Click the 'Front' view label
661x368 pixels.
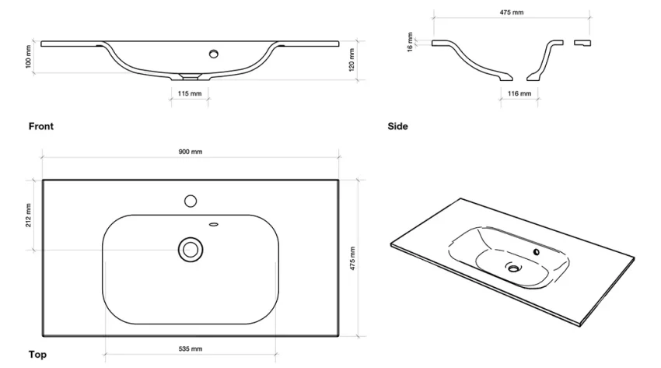41,126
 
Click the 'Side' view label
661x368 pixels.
397,126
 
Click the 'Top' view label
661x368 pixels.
37,355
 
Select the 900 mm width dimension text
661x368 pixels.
191,152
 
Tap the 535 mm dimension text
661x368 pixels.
191,349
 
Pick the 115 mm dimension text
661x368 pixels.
190,93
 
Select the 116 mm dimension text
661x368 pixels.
519,93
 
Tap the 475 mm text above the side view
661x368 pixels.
511,12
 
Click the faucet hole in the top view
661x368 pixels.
191,201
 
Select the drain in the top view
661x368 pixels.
190,250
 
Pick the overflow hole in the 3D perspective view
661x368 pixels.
536,253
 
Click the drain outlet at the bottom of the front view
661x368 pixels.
190,77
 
